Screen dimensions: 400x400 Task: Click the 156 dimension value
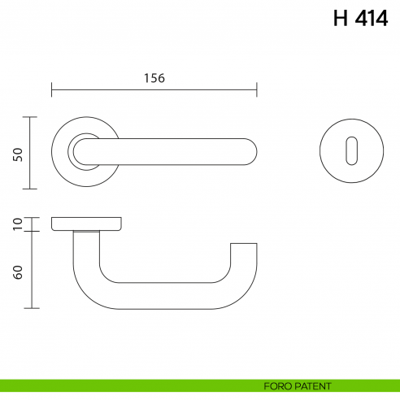(154, 78)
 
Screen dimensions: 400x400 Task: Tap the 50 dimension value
(17, 154)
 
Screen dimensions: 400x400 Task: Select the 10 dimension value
(17, 224)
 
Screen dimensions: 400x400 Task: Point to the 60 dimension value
(17, 271)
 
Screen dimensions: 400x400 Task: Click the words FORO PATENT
(298, 385)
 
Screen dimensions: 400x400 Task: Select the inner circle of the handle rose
(83, 152)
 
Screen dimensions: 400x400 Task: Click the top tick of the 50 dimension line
(30, 117)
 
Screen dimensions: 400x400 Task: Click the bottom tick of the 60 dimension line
(30, 309)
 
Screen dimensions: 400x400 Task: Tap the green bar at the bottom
(122, 385)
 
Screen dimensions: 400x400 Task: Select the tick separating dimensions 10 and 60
(30, 232)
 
